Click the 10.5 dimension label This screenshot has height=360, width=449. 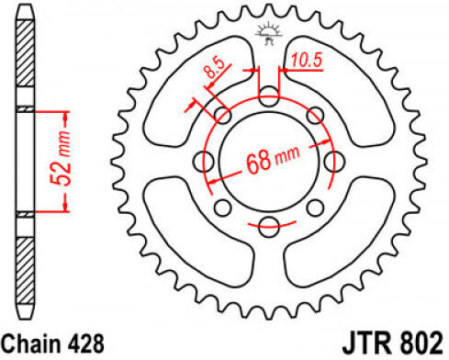coord(307,60)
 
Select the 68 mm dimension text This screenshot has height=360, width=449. coord(273,159)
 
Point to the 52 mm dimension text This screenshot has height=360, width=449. coord(62,159)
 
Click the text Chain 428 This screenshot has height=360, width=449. coord(53,343)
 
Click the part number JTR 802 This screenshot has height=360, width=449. coord(393,343)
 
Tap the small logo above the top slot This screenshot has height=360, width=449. coord(268,33)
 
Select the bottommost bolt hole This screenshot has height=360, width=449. coord(269,227)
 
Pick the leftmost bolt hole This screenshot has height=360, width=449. coord(204,161)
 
